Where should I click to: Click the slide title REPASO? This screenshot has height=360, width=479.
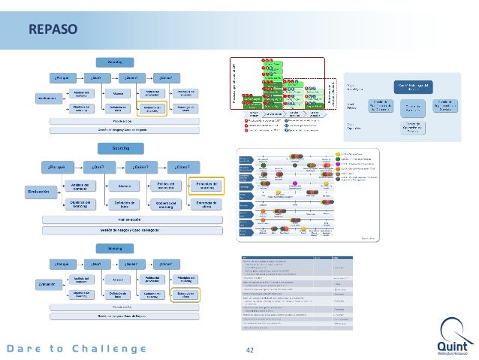pyautogui.click(x=53, y=31)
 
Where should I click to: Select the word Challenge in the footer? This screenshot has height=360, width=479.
pyautogui.click(x=109, y=349)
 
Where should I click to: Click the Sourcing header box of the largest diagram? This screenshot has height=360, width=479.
pyautogui.click(x=121, y=149)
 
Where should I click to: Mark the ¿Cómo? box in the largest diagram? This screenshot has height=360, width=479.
pyautogui.click(x=182, y=166)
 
